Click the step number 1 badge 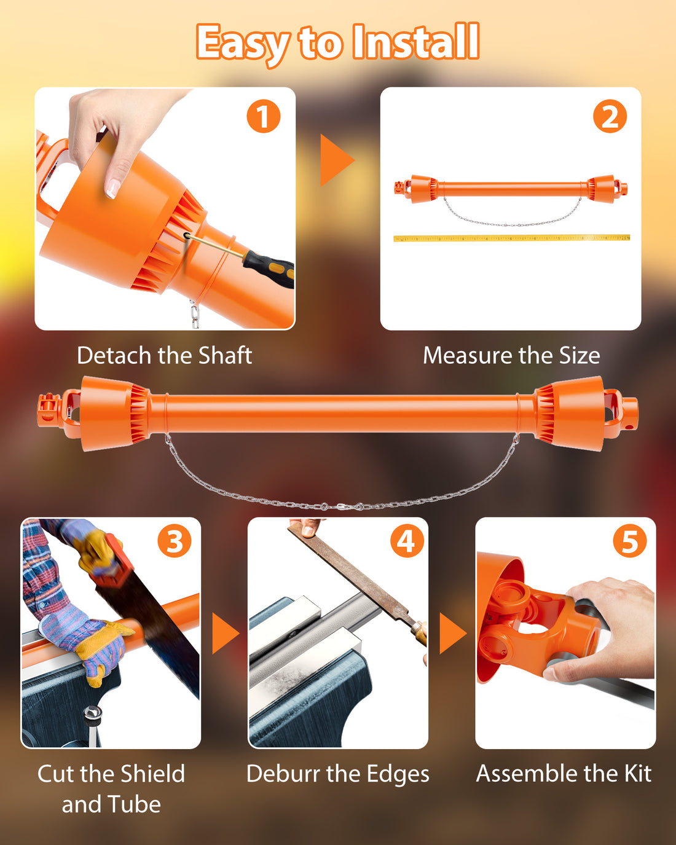(x=263, y=116)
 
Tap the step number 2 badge (x=610, y=116)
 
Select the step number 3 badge (x=175, y=541)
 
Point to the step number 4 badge (x=407, y=541)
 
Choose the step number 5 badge (x=630, y=541)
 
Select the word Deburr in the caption (x=283, y=774)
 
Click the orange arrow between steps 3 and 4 (x=225, y=634)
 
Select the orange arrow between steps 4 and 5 (x=452, y=634)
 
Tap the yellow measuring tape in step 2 (x=511, y=238)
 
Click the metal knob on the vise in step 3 (x=93, y=712)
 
